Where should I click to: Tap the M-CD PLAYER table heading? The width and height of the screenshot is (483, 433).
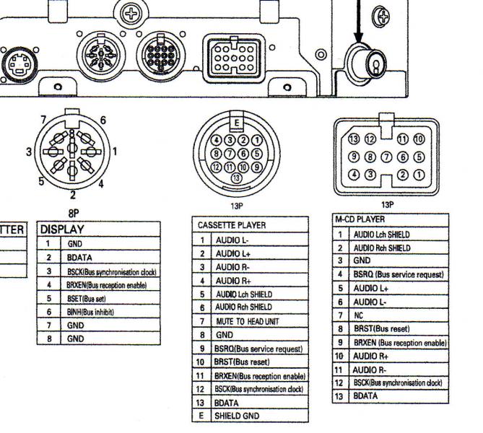360,219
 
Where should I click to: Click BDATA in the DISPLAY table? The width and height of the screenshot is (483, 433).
80,257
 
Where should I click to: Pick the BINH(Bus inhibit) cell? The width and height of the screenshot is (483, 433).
90,312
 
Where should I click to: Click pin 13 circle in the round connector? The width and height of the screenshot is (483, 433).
234,178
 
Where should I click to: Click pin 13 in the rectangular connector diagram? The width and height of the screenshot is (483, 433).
354,139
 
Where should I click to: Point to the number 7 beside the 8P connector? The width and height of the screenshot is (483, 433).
43,118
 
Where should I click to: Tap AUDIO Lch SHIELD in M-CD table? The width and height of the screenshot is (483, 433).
383,235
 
